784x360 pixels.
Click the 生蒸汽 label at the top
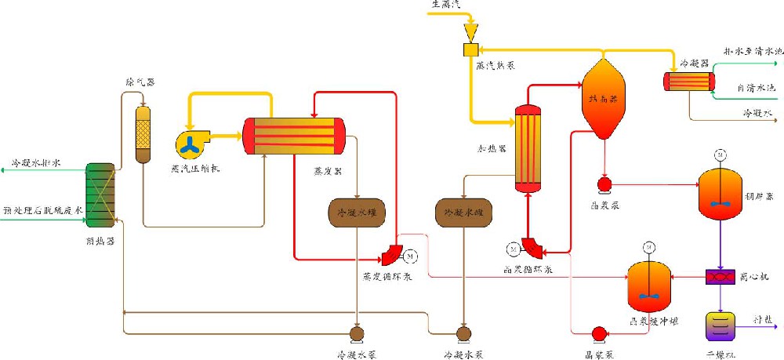[x=446, y=5]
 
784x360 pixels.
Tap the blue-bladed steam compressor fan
[x=191, y=144]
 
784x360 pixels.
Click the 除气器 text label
[x=140, y=81]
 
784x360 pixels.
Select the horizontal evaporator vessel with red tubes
[x=294, y=136]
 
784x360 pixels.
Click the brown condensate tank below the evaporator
[x=357, y=213]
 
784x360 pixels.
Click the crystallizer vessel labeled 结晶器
[x=604, y=99]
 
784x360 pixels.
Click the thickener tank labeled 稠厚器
[x=720, y=194]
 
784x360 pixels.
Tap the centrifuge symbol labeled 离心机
[x=719, y=277]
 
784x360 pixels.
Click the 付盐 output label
[x=762, y=321]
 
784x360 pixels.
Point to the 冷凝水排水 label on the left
[x=35, y=164]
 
